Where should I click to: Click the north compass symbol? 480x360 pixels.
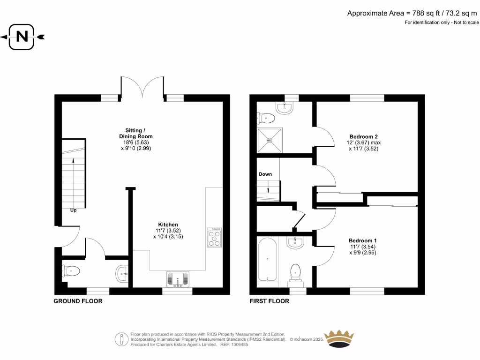(22, 37)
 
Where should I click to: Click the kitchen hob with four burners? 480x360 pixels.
(214, 237)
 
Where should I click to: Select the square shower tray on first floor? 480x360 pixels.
(270, 140)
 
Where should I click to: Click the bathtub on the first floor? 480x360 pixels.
(267, 260)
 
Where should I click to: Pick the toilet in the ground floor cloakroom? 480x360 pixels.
(71, 270)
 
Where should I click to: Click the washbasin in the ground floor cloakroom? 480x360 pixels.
(122, 273)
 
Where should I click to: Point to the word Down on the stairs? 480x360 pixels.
(265, 174)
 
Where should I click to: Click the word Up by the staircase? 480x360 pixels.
(74, 210)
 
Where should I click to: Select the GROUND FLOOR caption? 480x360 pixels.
(78, 301)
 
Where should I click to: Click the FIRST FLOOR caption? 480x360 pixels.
(269, 301)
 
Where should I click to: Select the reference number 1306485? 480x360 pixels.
(240, 345)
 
